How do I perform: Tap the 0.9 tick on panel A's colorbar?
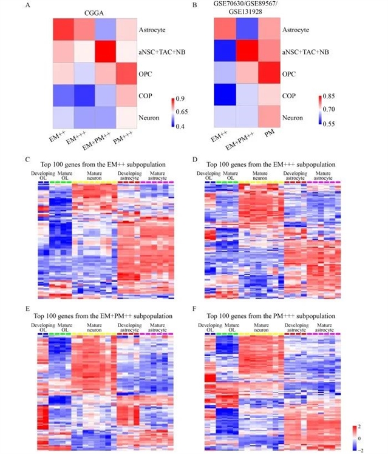click(178, 98)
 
